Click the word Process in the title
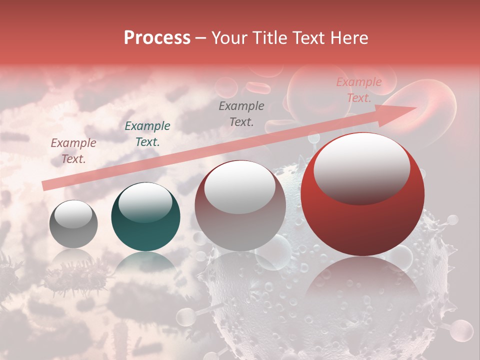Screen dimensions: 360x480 click(x=157, y=38)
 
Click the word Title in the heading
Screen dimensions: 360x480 click(x=271, y=38)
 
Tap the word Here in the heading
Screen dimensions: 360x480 click(x=349, y=38)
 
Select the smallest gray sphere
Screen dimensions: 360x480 click(x=73, y=224)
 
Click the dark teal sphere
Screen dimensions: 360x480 click(x=145, y=217)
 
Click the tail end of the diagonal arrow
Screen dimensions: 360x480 click(x=44, y=186)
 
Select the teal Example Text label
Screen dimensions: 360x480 click(x=147, y=134)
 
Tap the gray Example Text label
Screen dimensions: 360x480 click(x=241, y=113)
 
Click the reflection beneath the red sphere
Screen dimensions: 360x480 click(x=362, y=280)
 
